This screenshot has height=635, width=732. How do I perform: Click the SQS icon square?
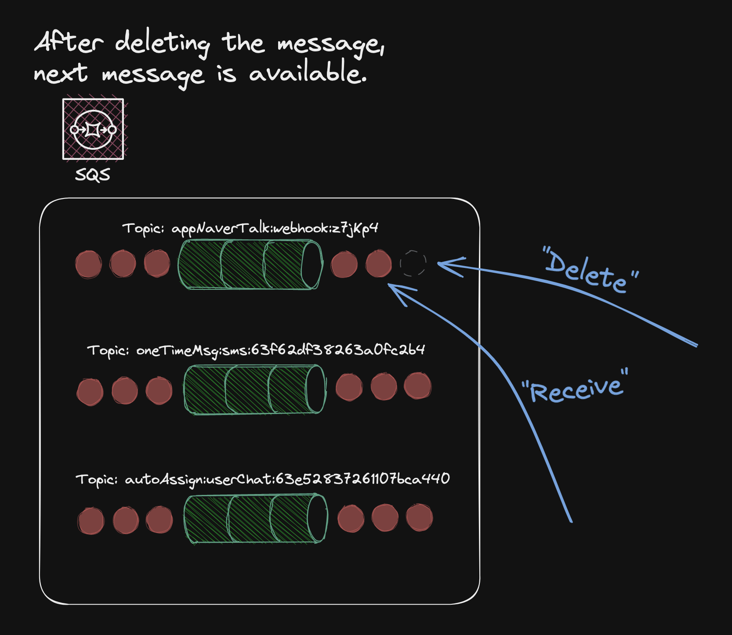point(93,129)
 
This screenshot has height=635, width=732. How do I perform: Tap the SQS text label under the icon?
point(92,175)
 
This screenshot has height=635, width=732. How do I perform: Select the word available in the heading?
point(307,73)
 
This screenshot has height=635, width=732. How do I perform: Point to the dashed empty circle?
point(413,263)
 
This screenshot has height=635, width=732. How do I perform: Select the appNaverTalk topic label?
point(250,228)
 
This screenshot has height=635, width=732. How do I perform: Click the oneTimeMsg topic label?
point(256,350)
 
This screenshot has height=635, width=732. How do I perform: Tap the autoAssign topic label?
point(262,479)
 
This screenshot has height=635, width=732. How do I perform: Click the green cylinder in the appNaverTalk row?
point(250,264)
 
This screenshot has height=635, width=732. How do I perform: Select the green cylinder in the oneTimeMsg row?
point(254,389)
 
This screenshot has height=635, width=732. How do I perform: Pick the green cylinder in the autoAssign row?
point(255,519)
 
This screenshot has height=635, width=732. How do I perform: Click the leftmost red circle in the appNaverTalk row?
point(88,264)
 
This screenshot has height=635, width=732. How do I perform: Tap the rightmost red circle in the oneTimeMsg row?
point(417,386)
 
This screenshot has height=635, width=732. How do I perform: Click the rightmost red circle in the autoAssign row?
point(419,517)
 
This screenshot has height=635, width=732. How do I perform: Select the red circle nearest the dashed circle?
point(378,263)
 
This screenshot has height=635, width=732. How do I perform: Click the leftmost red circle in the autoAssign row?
point(91,521)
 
